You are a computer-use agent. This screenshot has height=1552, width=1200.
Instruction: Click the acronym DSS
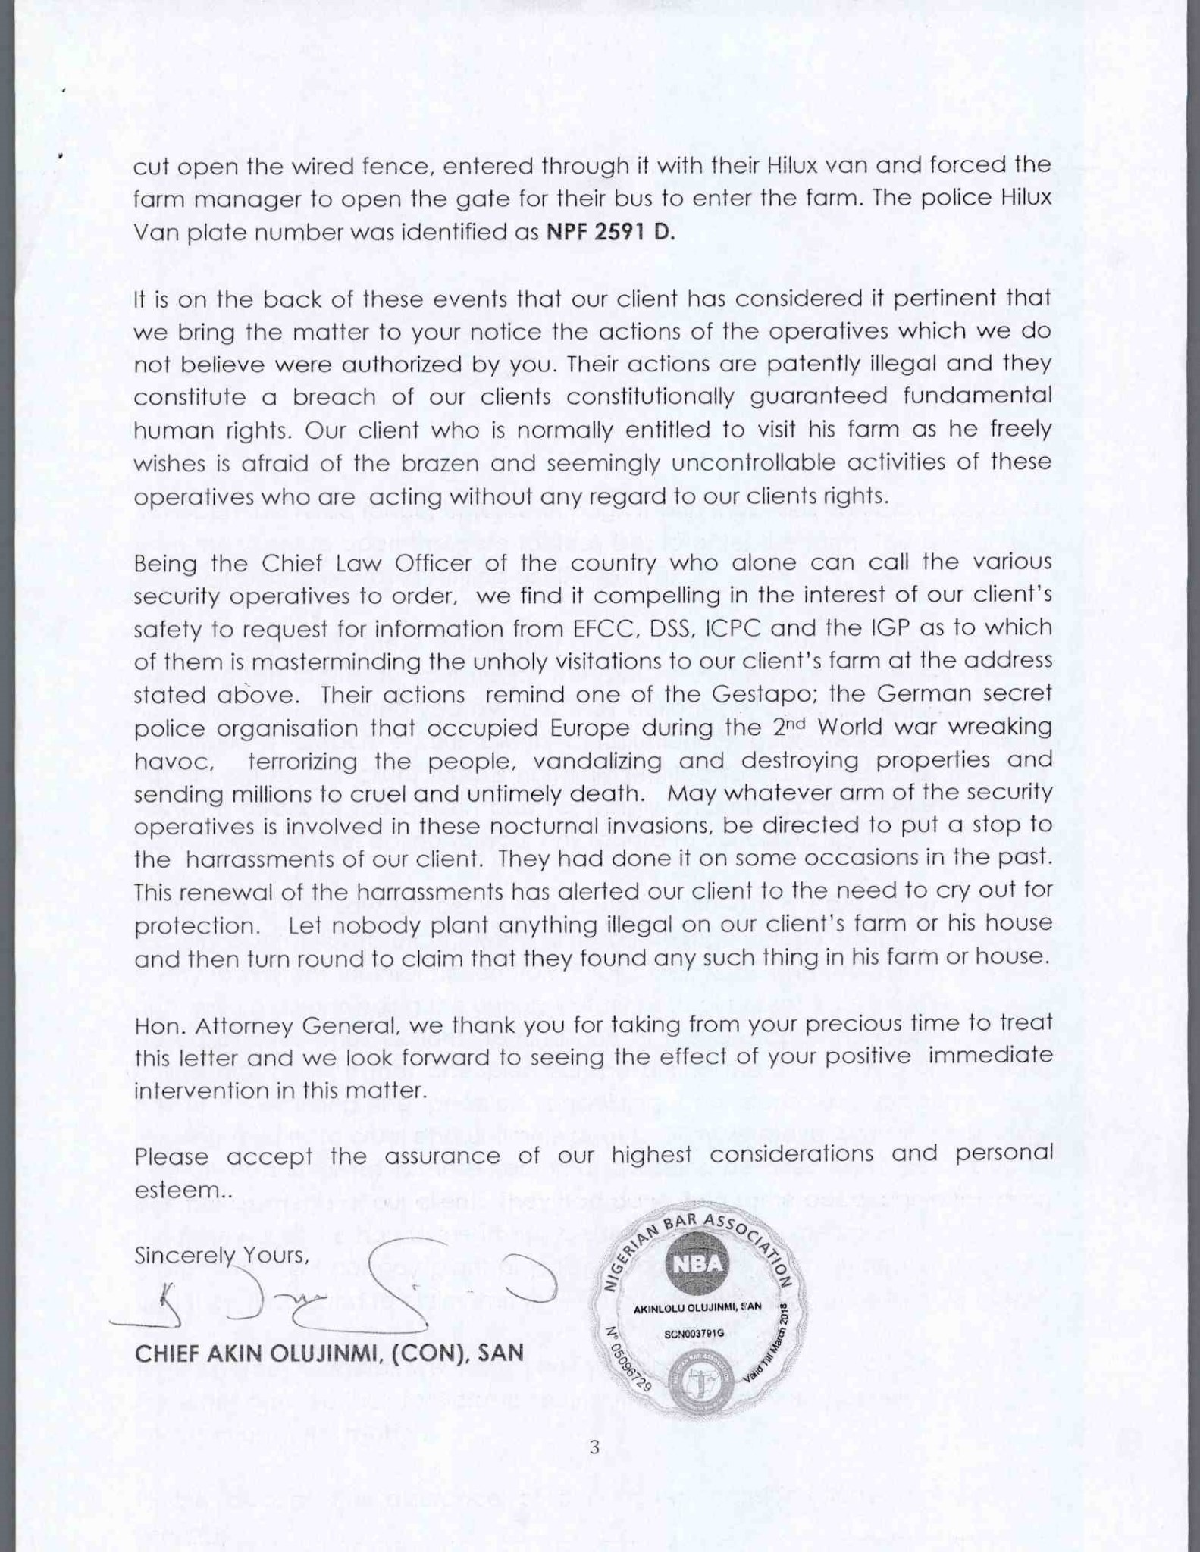[664, 628]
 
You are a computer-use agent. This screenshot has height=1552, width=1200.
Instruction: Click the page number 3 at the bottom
[594, 1447]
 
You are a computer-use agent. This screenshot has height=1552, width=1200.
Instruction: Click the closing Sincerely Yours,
[221, 1256]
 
